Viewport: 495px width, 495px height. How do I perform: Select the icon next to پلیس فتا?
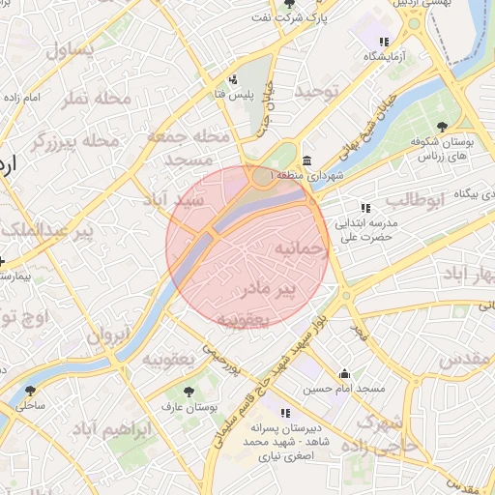pos(232,79)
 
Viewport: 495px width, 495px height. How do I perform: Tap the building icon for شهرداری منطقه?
pos(306,160)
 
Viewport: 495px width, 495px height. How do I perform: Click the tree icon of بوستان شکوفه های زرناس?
pos(441,127)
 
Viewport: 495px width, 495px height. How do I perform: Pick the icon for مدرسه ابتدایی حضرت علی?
pos(364,207)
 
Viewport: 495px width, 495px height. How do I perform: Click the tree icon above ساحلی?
pos(31,391)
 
